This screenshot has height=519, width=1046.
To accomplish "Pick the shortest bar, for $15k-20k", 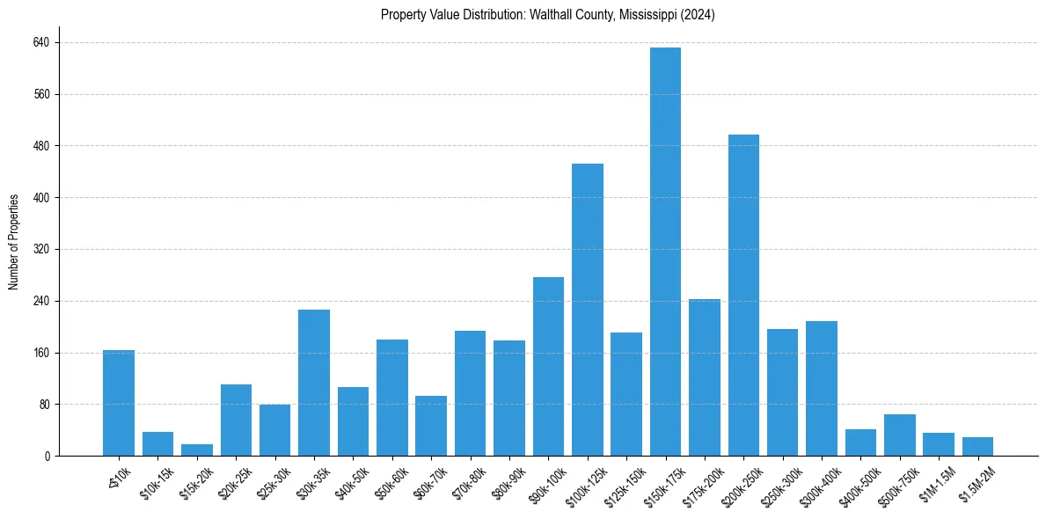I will (x=197, y=450).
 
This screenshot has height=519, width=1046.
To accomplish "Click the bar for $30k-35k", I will (x=314, y=383).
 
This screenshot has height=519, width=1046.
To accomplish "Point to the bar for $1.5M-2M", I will (x=977, y=447).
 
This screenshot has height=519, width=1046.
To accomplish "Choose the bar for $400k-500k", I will (x=860, y=442).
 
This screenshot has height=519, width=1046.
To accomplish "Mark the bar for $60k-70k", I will (x=431, y=426).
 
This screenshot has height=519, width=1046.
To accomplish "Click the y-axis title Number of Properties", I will (x=13, y=242).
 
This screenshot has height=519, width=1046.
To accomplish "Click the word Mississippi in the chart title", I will (x=637, y=15).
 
